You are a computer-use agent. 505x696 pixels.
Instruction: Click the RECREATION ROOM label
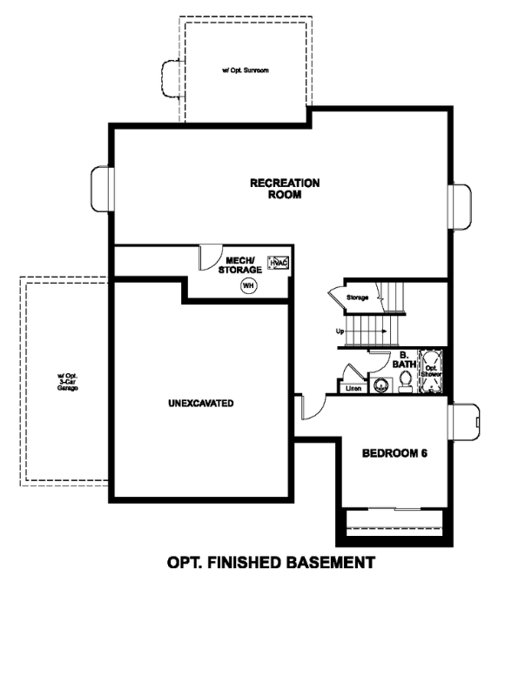tap(284, 189)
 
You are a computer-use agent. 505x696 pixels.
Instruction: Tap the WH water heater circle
tap(249, 285)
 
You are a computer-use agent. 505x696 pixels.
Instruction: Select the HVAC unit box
tap(278, 263)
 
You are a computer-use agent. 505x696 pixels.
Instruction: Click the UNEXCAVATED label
tap(200, 404)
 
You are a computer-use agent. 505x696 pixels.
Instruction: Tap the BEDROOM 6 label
tap(394, 453)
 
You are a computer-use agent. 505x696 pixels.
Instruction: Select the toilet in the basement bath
tap(405, 383)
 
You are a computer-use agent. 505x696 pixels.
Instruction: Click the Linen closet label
tap(353, 388)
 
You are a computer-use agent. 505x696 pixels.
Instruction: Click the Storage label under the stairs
tap(358, 298)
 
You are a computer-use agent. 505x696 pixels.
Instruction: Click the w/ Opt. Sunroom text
tap(245, 68)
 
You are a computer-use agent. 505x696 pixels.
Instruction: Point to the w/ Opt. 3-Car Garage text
tap(68, 382)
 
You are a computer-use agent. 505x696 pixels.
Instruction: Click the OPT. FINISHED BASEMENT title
tap(271, 562)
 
